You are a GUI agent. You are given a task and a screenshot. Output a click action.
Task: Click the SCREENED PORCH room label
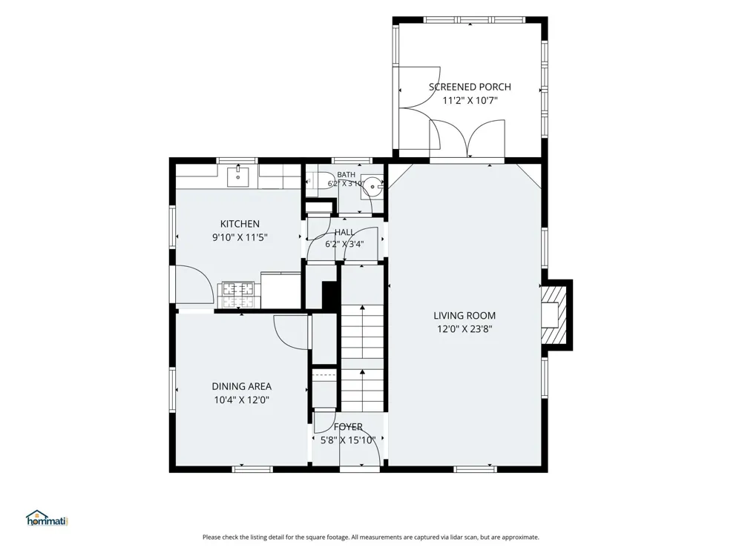[470, 87]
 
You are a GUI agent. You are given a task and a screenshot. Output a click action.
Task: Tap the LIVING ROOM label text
[464, 316]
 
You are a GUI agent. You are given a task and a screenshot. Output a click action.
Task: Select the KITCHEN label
[240, 224]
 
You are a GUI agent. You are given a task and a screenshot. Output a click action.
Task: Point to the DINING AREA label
[241, 387]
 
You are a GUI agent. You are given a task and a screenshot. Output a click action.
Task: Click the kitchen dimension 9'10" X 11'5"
[240, 237]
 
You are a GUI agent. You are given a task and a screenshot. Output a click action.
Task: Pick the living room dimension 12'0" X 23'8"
[464, 329]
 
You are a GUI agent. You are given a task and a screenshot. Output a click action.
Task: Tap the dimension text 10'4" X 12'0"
[241, 400]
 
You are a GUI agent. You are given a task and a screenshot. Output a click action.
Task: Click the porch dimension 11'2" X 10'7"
[470, 100]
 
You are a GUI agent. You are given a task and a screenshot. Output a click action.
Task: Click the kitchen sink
[238, 176]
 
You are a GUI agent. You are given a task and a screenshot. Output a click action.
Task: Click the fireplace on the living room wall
[554, 314]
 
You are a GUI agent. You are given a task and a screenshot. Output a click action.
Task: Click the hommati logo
[47, 518]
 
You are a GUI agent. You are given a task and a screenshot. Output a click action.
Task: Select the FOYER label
[348, 427]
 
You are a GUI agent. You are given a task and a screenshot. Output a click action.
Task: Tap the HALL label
[344, 232]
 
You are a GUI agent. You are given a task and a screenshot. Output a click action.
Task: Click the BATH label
[346, 175]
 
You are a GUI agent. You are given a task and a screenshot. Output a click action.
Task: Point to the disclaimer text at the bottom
[371, 537]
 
